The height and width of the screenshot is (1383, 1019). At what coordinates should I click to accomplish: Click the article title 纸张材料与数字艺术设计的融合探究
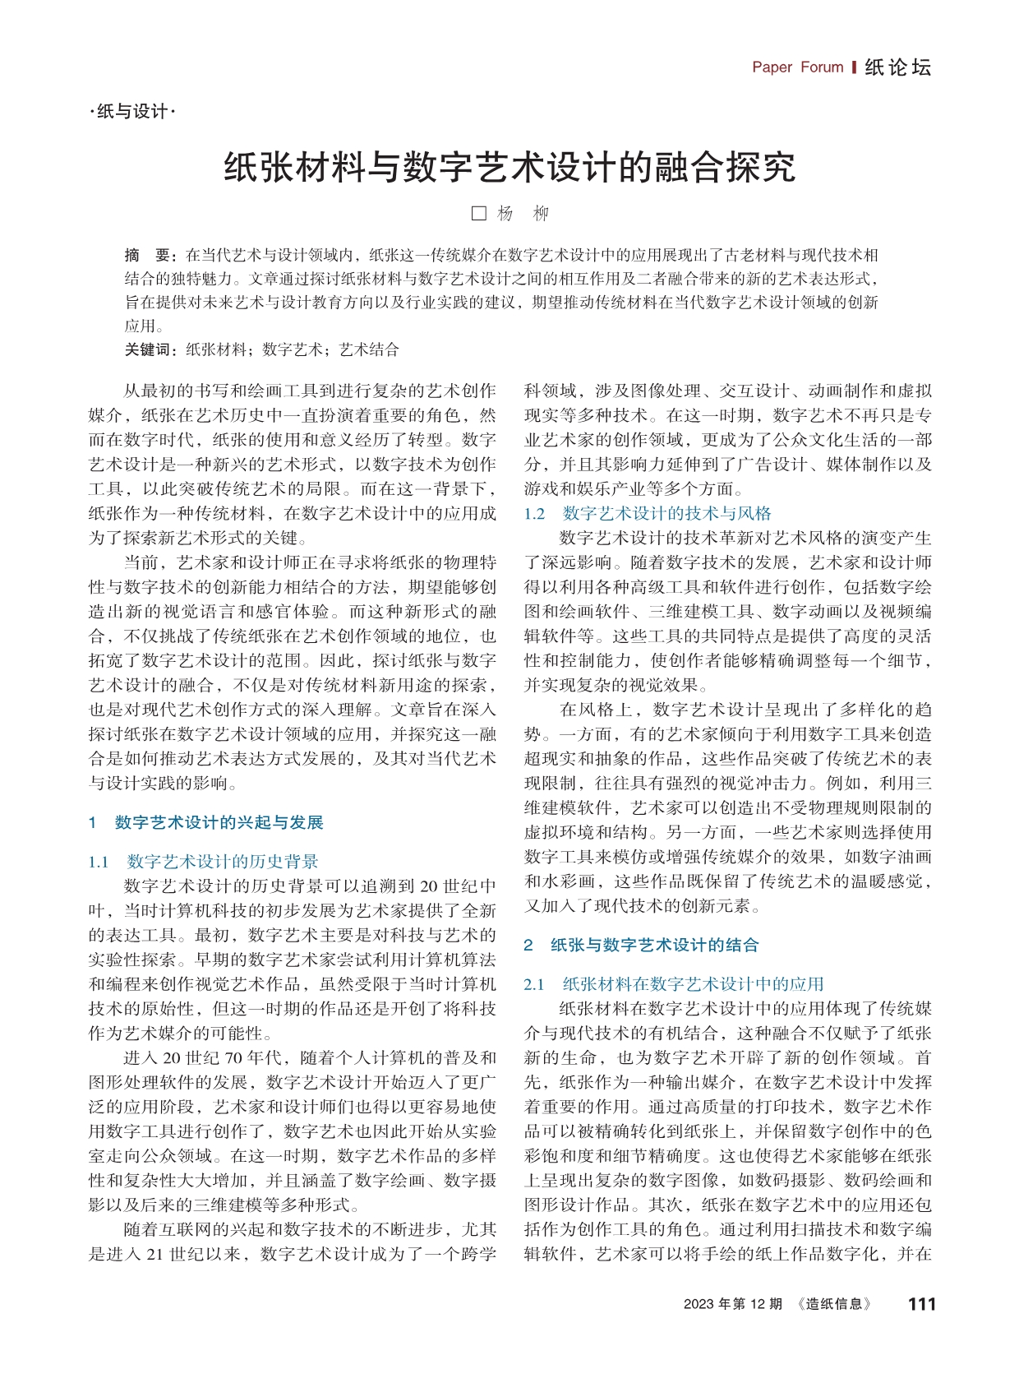pos(509,167)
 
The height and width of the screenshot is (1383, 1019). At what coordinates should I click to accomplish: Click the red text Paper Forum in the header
pos(797,67)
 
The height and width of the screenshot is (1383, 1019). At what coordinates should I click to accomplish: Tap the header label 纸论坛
pos(898,67)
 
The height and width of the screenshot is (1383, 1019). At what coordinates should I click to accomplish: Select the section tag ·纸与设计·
pos(132,111)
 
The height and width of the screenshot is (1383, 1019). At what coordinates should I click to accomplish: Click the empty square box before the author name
pos(479,214)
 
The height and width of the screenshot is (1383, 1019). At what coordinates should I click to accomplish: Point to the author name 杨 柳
pos(523,214)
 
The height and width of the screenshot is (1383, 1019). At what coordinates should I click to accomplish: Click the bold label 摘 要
pos(145,255)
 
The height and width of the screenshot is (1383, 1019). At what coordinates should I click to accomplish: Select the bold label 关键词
pos(150,349)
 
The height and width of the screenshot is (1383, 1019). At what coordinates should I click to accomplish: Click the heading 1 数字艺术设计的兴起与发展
pos(205,822)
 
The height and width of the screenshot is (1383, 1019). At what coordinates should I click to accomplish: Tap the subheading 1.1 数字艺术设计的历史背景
pos(203,862)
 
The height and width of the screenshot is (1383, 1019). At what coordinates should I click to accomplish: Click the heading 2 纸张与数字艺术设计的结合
pos(641,945)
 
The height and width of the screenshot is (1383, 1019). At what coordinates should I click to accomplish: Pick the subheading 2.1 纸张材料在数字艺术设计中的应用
pos(674,984)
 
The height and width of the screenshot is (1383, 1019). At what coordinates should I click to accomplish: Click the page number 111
pos(921,1304)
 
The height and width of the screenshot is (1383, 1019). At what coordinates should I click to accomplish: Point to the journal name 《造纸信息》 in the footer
pos(834,1304)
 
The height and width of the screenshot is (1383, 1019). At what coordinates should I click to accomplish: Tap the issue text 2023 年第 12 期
pos(732,1304)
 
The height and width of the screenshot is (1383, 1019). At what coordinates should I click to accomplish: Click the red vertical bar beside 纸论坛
pos(855,67)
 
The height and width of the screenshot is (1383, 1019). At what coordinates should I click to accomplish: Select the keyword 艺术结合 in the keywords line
pos(369,349)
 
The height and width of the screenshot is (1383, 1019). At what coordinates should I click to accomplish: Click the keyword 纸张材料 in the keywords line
pos(216,349)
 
